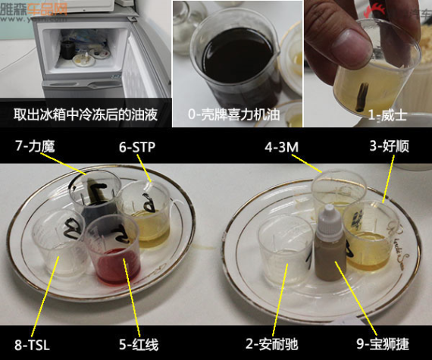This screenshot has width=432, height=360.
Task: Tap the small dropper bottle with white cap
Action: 327,241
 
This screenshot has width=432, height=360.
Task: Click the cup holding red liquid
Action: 114,250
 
